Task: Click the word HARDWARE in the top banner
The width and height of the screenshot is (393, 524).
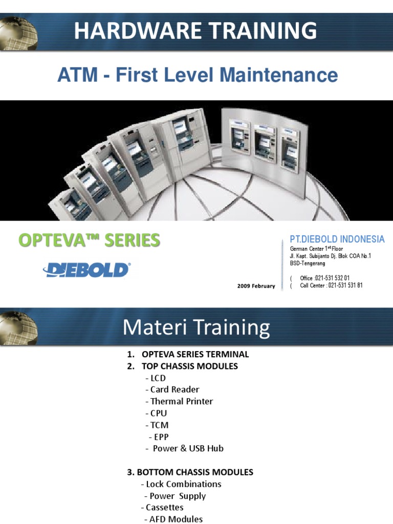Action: coord(128,31)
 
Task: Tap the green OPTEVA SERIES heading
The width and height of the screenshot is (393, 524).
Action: coord(90,240)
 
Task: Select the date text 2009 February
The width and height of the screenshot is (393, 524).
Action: coord(256,286)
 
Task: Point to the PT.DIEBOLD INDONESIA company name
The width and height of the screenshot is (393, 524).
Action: coord(337,239)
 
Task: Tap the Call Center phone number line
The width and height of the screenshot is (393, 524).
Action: coord(331,286)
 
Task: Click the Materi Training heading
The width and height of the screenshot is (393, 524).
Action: coord(196,327)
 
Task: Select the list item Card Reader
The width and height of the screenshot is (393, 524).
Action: coord(174,389)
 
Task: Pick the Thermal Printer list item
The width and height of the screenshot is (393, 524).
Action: coord(181,401)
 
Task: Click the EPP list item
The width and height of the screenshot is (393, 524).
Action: coord(161,436)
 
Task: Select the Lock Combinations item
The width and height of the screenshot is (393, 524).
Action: coord(183,484)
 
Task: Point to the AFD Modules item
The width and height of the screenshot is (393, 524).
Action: coord(176,519)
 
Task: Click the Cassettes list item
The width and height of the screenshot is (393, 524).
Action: coord(164,507)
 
